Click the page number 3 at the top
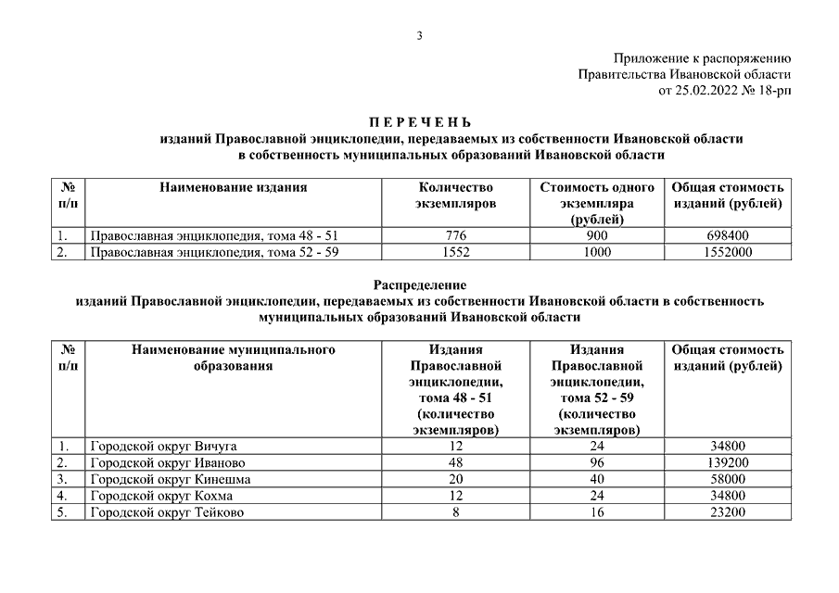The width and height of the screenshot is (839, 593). [419, 36]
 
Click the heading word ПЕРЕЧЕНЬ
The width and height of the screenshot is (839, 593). [420, 122]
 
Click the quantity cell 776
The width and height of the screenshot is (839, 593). [456, 235]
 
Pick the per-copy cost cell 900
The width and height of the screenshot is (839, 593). [598, 235]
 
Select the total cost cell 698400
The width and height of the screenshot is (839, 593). [728, 235]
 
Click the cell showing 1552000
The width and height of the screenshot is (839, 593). [728, 251]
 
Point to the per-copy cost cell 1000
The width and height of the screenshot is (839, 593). [598, 251]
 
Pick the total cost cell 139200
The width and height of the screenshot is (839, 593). [728, 462]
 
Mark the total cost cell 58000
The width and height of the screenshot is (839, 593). [728, 479]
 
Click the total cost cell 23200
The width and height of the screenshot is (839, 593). [728, 512]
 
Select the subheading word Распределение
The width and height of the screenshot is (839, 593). [420, 285]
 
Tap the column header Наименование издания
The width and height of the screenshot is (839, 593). [233, 187]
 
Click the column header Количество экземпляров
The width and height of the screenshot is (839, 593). [456, 195]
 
